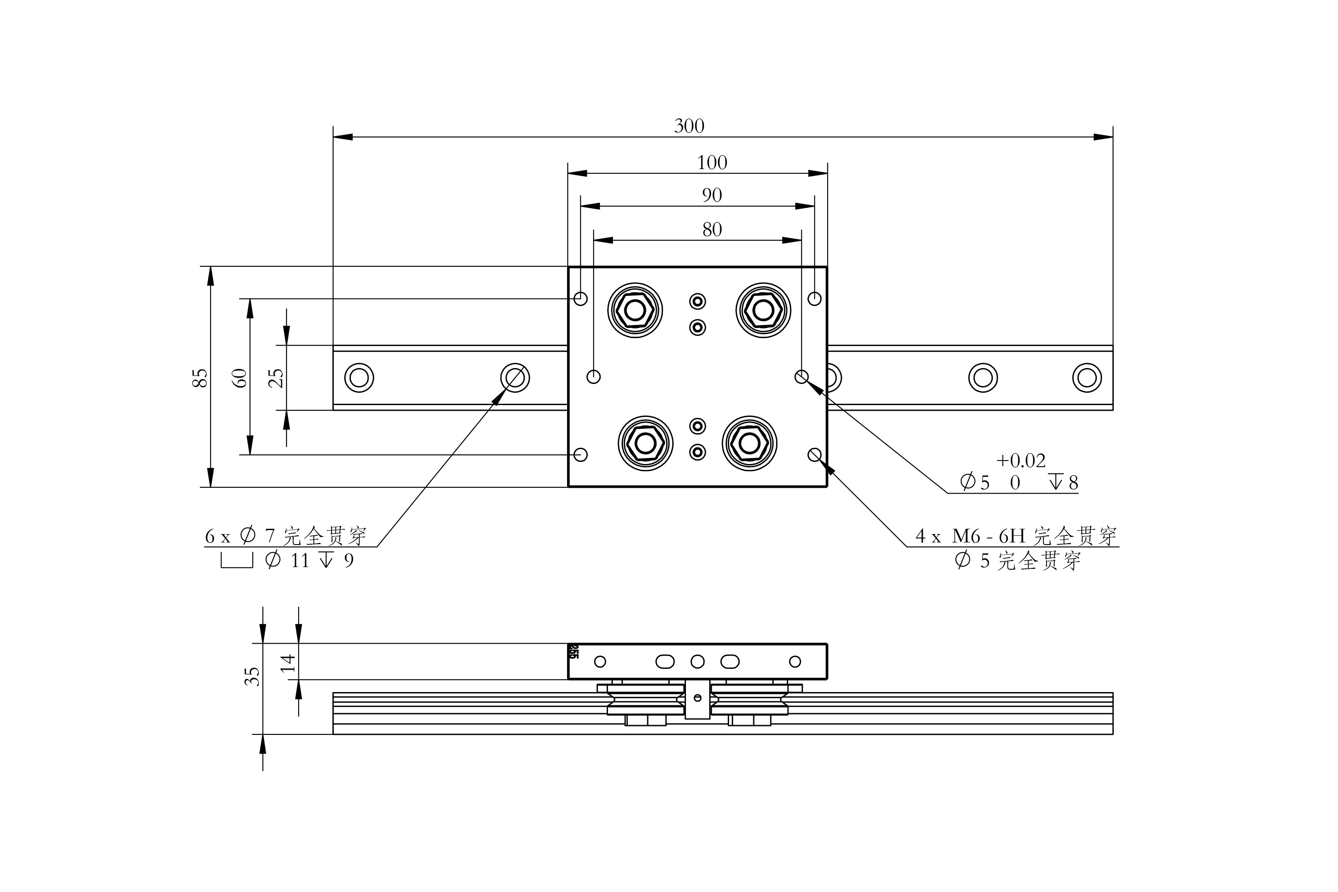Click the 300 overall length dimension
pyautogui.click(x=689, y=126)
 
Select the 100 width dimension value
pyautogui.click(x=711, y=163)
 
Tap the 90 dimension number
pyautogui.click(x=711, y=195)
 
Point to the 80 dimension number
pyautogui.click(x=711, y=229)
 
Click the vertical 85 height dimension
pyautogui.click(x=200, y=378)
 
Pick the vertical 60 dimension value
pyautogui.click(x=241, y=378)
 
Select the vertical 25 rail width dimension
pyautogui.click(x=276, y=378)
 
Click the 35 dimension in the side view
pyautogui.click(x=252, y=676)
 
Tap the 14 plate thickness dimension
pyautogui.click(x=288, y=663)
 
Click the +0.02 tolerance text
pyautogui.click(x=1021, y=460)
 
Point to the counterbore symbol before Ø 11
pyautogui.click(x=237, y=561)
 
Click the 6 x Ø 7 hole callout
pyautogui.click(x=284, y=536)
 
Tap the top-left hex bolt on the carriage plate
pyautogui.click(x=635, y=310)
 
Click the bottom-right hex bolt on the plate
pyautogui.click(x=749, y=443)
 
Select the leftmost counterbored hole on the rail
pyautogui.click(x=359, y=377)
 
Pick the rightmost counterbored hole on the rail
pyautogui.click(x=1087, y=377)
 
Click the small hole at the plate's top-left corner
pyautogui.click(x=580, y=298)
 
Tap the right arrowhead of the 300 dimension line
pyautogui.click(x=1104, y=137)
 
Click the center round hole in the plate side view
pyautogui.click(x=697, y=661)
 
